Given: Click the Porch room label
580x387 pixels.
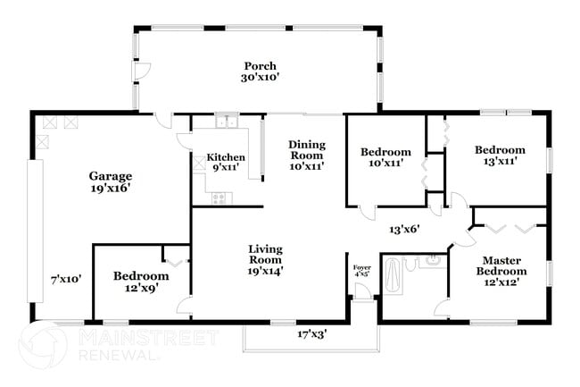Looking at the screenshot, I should click(x=260, y=66).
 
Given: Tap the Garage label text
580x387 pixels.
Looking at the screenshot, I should click(x=110, y=176).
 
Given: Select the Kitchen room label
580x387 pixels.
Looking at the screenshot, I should click(x=226, y=157).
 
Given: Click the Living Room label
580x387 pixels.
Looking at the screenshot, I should click(x=266, y=253).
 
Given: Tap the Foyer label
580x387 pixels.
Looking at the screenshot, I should click(x=361, y=266).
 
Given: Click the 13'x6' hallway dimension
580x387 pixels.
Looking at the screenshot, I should click(x=404, y=229).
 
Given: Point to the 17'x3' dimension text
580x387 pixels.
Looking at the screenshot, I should click(x=312, y=334).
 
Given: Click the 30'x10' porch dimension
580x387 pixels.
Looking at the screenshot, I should click(x=260, y=78).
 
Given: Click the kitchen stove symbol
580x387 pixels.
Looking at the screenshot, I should click(x=220, y=198).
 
